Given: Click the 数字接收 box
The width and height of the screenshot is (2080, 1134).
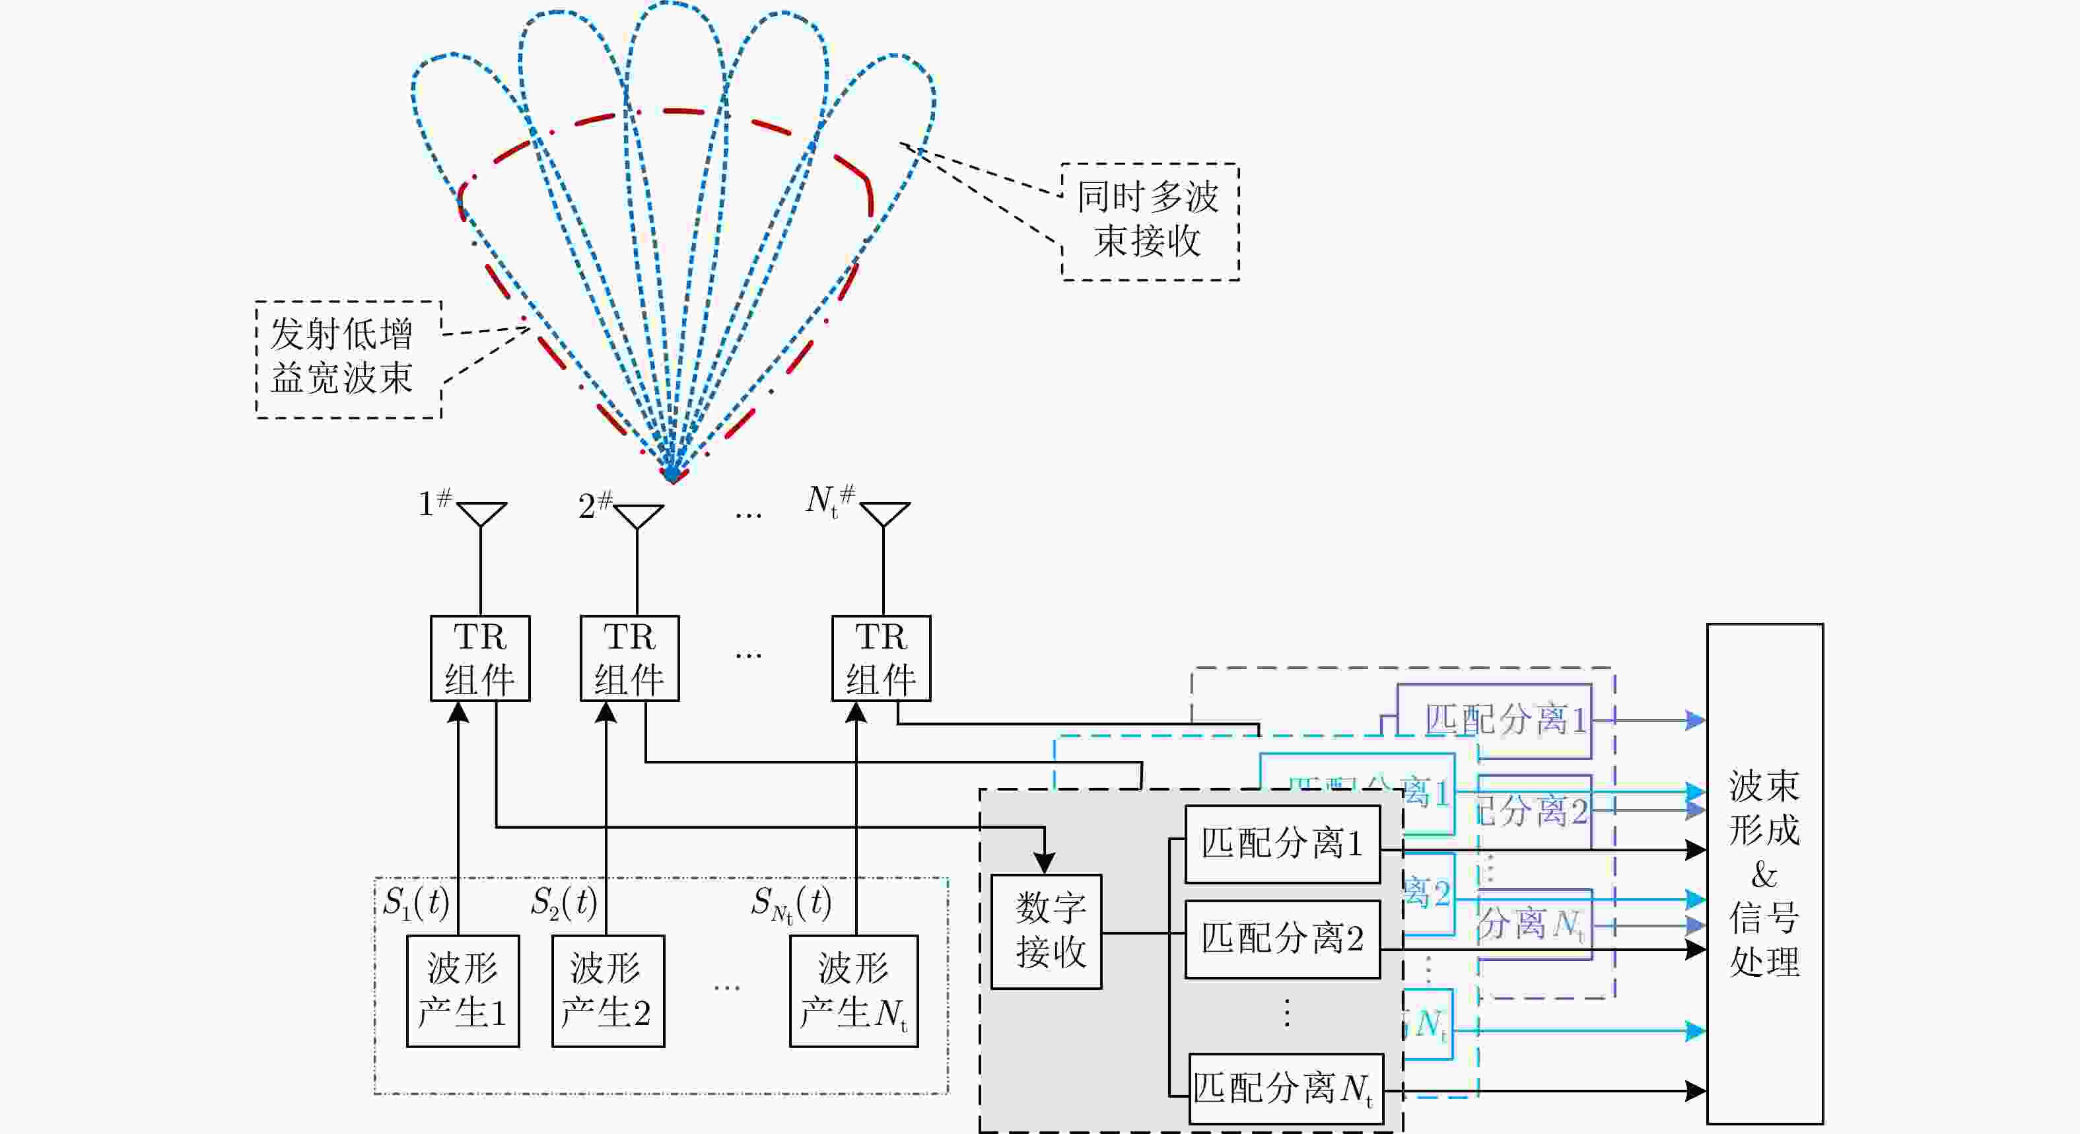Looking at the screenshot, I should [1046, 931].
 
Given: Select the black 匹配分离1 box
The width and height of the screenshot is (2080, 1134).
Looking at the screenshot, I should [1282, 843].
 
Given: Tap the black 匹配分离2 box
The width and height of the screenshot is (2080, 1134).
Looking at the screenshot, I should [1282, 939].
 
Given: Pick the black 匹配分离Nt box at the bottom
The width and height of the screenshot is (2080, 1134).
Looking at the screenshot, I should [1286, 1088].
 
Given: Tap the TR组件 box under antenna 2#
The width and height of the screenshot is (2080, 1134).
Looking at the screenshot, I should [629, 657].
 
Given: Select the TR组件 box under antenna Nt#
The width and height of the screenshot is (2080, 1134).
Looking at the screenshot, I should [881, 657].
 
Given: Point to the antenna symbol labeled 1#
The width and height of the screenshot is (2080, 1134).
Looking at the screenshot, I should [481, 514].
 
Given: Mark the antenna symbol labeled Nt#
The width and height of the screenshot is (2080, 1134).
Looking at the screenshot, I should [884, 514].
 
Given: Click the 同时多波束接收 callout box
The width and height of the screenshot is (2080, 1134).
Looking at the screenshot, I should [1150, 221].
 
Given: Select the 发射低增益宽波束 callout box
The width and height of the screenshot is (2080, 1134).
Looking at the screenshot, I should [348, 359].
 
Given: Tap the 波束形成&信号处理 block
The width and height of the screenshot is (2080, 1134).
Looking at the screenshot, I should [1764, 872].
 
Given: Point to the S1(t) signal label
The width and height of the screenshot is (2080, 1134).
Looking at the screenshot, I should [416, 903].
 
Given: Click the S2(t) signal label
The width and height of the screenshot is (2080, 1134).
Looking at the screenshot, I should [564, 903].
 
